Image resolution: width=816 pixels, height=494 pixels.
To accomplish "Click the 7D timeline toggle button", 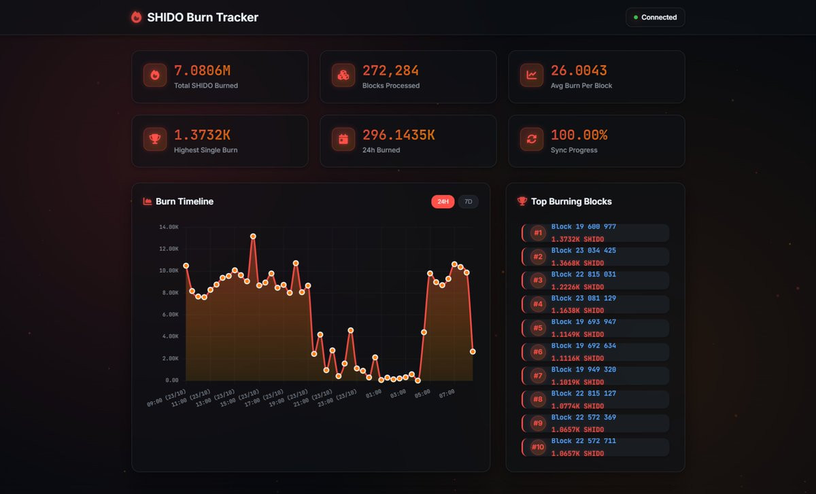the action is (x=468, y=202).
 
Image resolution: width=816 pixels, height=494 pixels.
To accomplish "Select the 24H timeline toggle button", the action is (x=443, y=202).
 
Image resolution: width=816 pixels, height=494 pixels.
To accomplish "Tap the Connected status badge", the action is (x=655, y=17).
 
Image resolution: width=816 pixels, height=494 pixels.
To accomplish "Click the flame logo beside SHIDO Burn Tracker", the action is (x=136, y=17).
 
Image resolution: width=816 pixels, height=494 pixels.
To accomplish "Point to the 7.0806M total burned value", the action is (x=202, y=71).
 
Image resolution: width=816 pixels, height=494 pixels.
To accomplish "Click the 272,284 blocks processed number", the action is (x=390, y=71).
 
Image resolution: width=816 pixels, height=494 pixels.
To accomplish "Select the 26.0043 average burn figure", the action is (x=579, y=71).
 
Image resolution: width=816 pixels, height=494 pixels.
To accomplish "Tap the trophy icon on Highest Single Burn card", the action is (x=155, y=139).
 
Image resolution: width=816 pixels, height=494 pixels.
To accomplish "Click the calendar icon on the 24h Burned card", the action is (x=343, y=139).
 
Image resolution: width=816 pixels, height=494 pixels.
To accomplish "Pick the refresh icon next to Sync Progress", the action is (x=532, y=139).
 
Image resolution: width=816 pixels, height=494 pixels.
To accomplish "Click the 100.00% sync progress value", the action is (x=579, y=135).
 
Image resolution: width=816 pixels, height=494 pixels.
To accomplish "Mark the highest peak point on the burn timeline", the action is (x=253, y=236).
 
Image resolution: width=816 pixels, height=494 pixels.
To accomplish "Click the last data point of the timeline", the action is (x=473, y=352).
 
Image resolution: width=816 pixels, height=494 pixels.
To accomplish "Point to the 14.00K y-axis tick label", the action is (x=169, y=227).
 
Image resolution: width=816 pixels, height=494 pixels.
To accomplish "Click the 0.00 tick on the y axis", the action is (x=171, y=381).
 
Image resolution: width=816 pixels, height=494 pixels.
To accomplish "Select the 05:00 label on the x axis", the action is (x=422, y=393).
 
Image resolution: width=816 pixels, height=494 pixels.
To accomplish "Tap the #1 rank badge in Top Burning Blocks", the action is (x=538, y=233).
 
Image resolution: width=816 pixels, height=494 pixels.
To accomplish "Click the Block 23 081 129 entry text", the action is (x=583, y=298).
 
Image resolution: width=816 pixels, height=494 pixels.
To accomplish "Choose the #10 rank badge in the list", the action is (x=538, y=447).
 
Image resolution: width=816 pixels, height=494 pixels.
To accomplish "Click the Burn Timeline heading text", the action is (x=184, y=202).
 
